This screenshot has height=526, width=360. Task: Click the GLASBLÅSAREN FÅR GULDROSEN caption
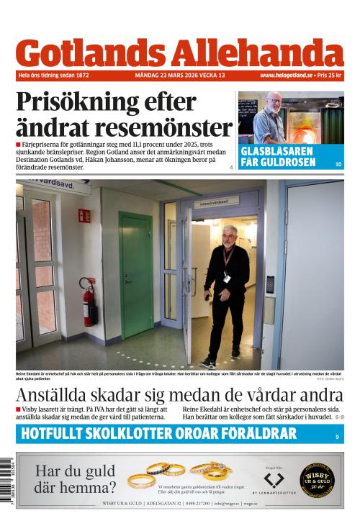(x=278, y=157)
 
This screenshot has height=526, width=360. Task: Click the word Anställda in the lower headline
(x=58, y=396)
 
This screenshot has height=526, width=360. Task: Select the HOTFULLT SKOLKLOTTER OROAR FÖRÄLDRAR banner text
(x=158, y=433)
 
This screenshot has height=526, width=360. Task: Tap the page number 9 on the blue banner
(x=337, y=437)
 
